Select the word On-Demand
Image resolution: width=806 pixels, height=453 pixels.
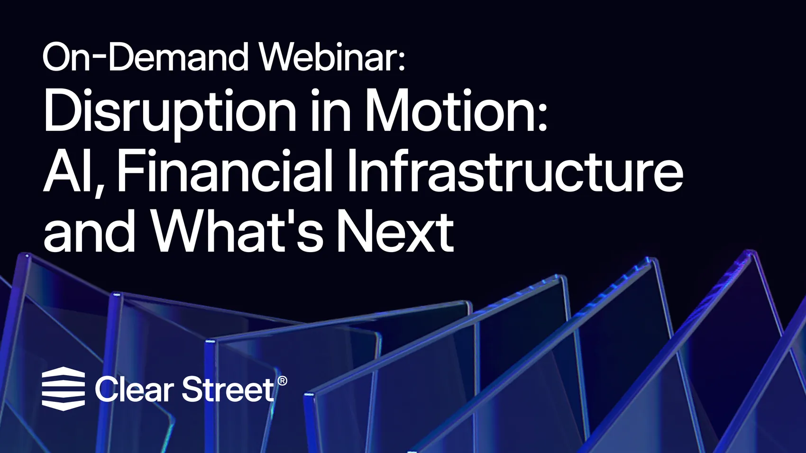pos(146,57)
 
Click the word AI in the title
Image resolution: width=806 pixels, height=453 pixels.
pos(70,172)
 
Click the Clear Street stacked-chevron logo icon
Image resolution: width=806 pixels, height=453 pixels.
pos(64,389)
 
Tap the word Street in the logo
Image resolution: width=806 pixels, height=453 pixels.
pos(229,390)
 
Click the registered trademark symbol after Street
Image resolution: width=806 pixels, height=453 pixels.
pos(283,381)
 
